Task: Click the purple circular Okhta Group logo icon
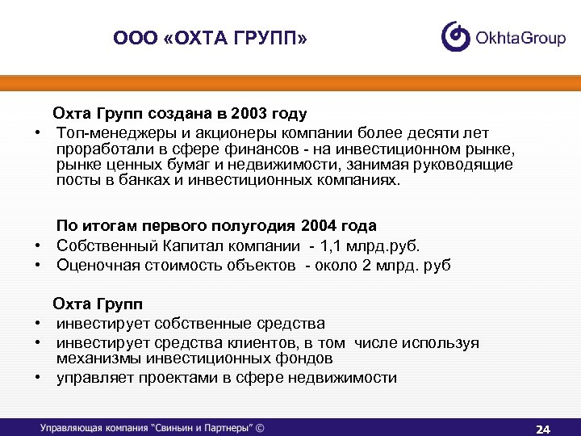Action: click(x=456, y=37)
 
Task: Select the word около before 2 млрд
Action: click(x=338, y=266)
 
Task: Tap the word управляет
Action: click(x=90, y=377)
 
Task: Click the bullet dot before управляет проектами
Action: click(x=37, y=377)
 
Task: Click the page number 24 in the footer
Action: click(x=542, y=428)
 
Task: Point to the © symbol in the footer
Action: click(x=259, y=428)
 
